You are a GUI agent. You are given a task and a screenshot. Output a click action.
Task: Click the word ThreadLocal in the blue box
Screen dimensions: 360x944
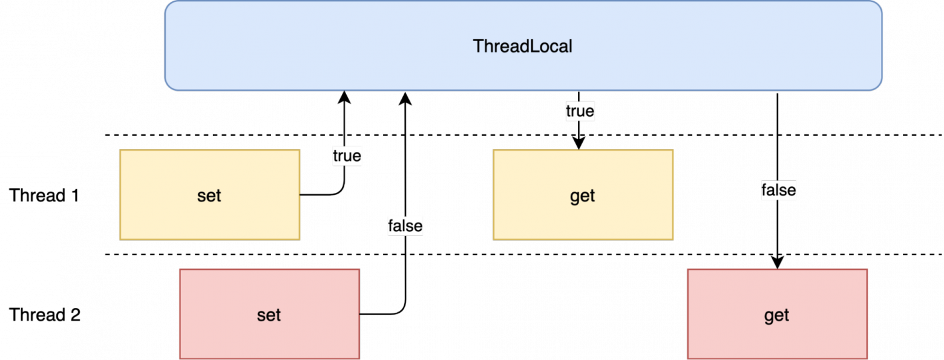pos(522,47)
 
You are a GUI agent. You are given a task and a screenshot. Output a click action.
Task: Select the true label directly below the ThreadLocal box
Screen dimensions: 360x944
pos(580,111)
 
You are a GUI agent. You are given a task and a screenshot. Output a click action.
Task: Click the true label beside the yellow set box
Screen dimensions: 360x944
pos(347,156)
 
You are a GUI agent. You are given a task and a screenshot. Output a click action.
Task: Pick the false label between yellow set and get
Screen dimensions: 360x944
pos(405,226)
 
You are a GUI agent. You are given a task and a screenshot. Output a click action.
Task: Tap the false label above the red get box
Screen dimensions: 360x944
pos(778,191)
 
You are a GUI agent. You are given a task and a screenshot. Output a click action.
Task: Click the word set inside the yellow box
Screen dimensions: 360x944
pos(209,196)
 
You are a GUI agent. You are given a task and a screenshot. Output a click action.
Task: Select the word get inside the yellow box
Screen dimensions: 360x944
pos(582,197)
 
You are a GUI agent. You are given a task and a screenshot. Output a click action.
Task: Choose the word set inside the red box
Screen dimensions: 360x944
pos(269,315)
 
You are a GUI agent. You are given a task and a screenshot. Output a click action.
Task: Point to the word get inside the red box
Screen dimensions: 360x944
pos(776,316)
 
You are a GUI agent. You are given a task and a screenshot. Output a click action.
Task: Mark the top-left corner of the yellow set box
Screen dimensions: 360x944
pos(120,150)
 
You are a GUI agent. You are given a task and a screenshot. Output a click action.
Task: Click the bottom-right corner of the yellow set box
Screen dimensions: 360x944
pos(300,239)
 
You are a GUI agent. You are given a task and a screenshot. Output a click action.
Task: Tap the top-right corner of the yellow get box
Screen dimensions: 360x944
pos(673,150)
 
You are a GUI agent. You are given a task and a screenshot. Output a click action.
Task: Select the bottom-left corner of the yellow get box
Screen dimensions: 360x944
pos(493,239)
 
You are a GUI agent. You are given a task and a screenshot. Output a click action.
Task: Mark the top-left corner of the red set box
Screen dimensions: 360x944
pos(180,270)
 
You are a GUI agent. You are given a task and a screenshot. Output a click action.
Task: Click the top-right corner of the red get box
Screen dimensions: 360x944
pos(867,270)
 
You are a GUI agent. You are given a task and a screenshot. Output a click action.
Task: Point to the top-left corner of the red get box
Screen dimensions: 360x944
pos(688,270)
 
